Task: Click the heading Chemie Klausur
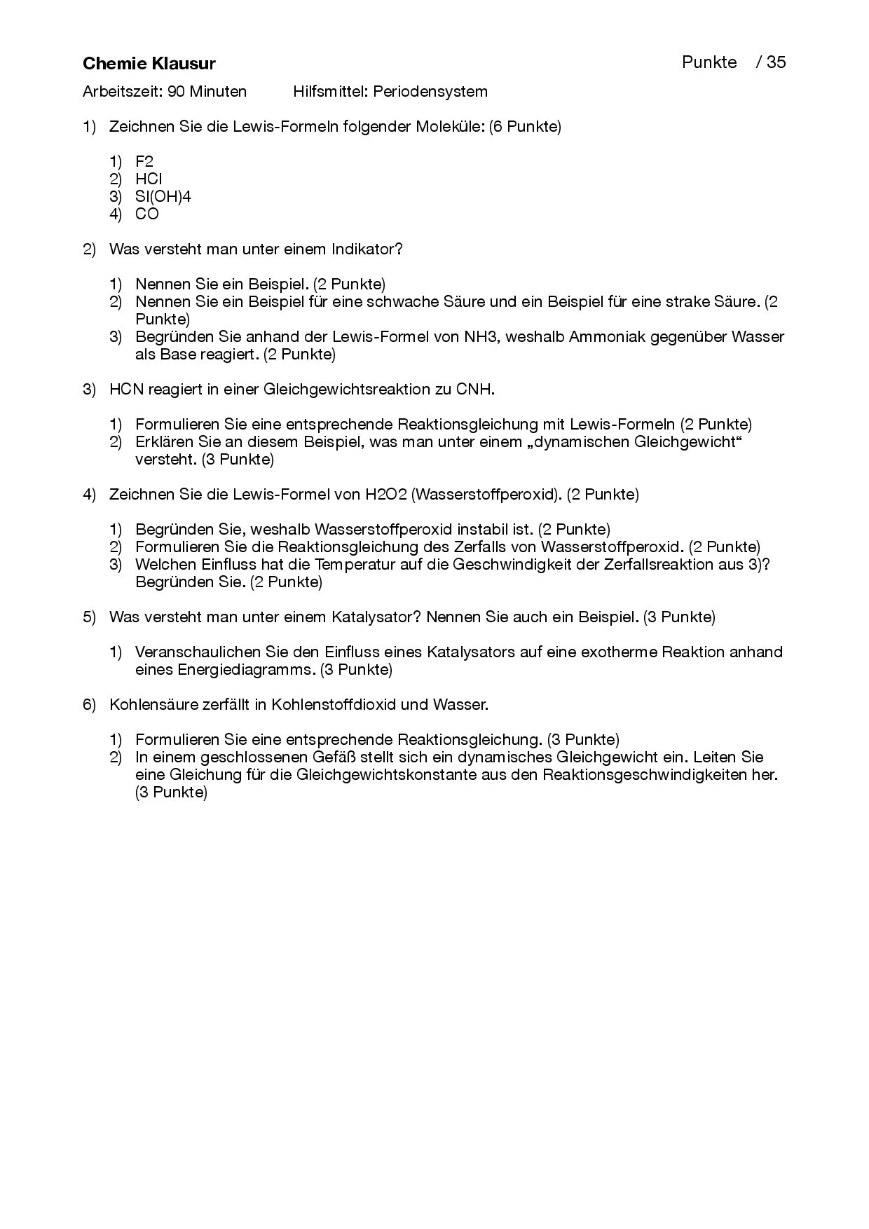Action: tap(149, 64)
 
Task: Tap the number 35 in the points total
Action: tap(776, 62)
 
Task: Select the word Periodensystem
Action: tap(430, 91)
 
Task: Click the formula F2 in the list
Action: tap(144, 161)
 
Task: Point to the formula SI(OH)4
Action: tap(163, 196)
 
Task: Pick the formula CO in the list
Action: tap(147, 214)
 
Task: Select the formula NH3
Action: tap(481, 337)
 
